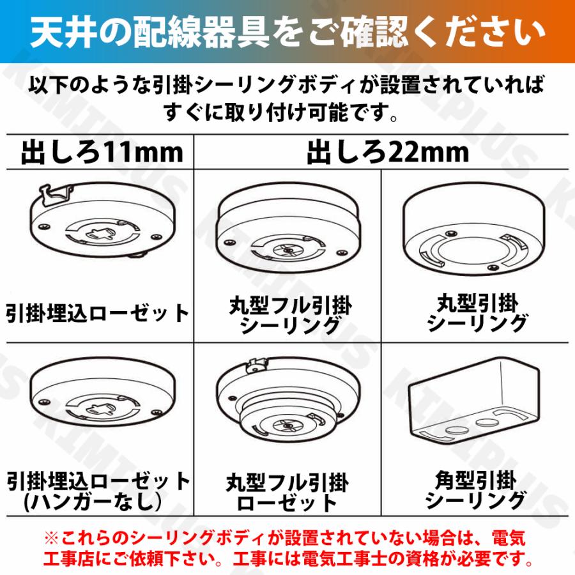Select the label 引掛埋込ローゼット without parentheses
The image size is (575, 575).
pos(98,314)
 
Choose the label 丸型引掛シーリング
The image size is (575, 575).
pos(477,313)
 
